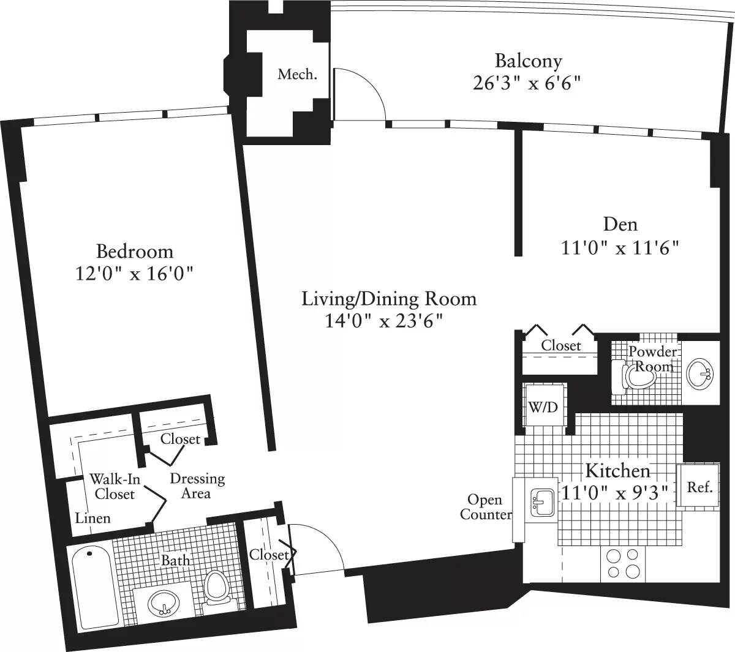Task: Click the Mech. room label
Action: pyautogui.click(x=297, y=75)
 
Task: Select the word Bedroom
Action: pyautogui.click(x=135, y=252)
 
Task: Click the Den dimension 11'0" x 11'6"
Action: pyautogui.click(x=620, y=248)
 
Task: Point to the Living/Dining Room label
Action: pyautogui.click(x=388, y=299)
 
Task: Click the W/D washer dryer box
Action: pyautogui.click(x=543, y=406)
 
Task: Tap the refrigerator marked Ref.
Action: pyautogui.click(x=699, y=487)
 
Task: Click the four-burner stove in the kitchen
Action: pyautogui.click(x=622, y=564)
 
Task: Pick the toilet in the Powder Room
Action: pyautogui.click(x=636, y=375)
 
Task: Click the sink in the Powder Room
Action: pyautogui.click(x=699, y=373)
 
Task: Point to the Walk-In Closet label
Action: pyautogui.click(x=115, y=486)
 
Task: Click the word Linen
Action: pyautogui.click(x=93, y=518)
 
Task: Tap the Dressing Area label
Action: pyautogui.click(x=197, y=485)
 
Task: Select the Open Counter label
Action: pyautogui.click(x=486, y=507)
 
